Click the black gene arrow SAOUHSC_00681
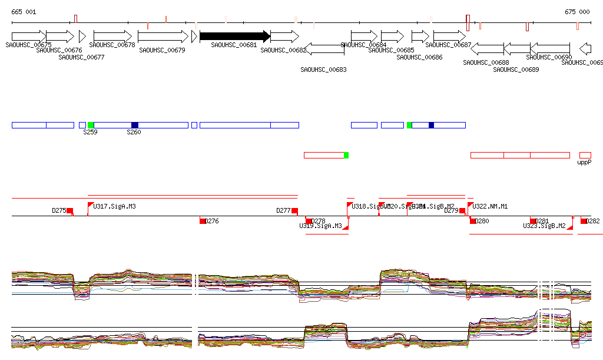[x=234, y=36]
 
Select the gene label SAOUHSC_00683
[x=323, y=70]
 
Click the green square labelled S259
[x=91, y=125]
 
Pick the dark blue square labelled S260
[x=135, y=125]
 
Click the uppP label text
[x=584, y=162]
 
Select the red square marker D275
[x=69, y=211]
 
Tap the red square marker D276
[x=203, y=221]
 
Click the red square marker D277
[x=294, y=211]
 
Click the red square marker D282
[x=584, y=221]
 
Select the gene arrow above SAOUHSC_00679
[x=163, y=36]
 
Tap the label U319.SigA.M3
[x=320, y=226]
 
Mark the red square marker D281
[x=534, y=221]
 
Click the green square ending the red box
[x=346, y=155]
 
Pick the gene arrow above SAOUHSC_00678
[x=112, y=36]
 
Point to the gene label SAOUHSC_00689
[x=516, y=70]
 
